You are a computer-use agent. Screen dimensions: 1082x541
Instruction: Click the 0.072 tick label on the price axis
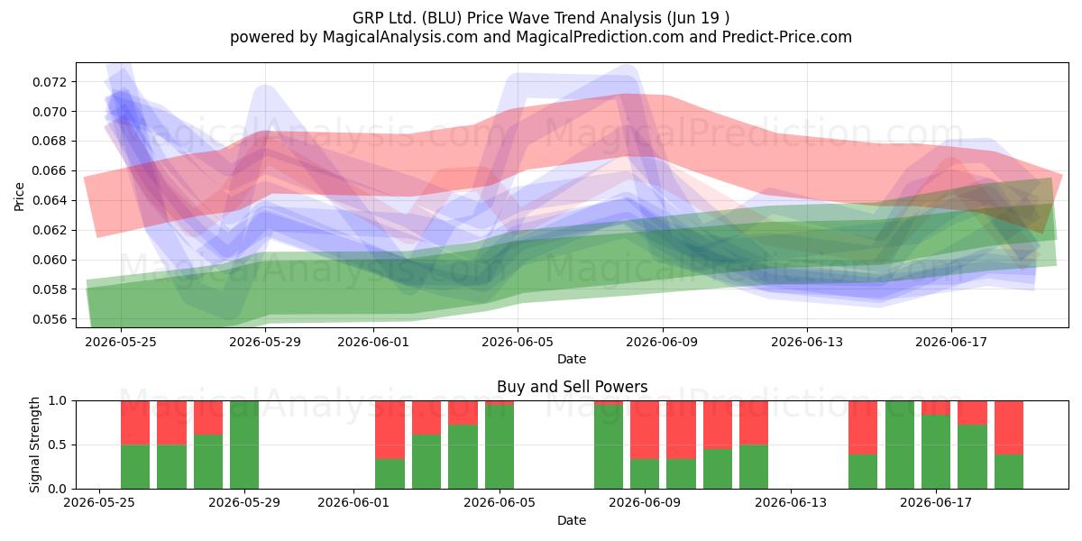tap(49, 82)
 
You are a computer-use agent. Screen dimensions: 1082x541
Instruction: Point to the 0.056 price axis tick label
tap(49, 319)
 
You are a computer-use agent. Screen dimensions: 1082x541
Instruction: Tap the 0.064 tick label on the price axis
tap(49, 200)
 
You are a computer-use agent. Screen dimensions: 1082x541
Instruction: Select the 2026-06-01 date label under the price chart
tap(373, 342)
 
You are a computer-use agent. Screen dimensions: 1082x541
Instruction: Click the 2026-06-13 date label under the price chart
tap(807, 342)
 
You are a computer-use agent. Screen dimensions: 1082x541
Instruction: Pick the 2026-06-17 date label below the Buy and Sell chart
tap(936, 503)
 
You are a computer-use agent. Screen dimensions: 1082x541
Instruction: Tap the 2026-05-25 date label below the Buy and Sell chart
tap(99, 503)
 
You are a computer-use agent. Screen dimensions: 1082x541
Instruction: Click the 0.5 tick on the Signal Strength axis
tap(57, 445)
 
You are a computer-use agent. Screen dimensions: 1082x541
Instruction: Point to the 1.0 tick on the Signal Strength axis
tap(57, 401)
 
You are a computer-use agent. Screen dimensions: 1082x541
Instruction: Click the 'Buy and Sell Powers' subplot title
tap(572, 387)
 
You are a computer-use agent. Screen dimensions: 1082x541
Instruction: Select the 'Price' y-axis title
tap(19, 197)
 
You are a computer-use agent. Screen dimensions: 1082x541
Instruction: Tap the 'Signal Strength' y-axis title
tap(34, 445)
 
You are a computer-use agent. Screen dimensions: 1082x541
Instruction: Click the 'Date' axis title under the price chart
tap(572, 359)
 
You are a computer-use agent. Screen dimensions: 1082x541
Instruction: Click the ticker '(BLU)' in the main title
tap(442, 18)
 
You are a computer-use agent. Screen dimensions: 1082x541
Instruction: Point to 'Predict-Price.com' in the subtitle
tap(787, 37)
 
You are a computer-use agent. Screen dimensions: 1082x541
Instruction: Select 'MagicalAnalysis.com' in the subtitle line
tap(400, 37)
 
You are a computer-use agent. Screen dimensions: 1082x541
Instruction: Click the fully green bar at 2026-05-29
tap(244, 445)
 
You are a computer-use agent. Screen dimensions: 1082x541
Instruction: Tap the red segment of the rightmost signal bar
tap(1009, 427)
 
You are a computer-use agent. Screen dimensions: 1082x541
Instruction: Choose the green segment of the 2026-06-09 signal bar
tap(645, 474)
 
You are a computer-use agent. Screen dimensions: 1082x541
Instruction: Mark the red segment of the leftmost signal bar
tap(135, 423)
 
